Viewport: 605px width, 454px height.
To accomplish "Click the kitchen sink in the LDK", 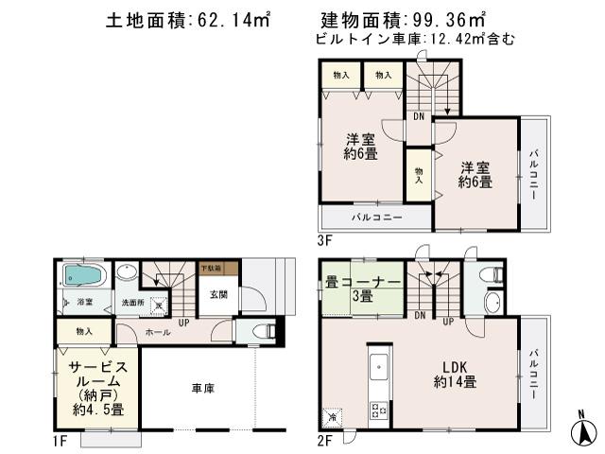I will coord(377,367).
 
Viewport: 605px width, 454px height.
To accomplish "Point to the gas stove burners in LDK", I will coord(380,410).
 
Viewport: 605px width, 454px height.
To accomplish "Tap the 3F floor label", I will coord(324,240).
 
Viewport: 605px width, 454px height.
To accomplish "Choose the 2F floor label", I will coord(325,439).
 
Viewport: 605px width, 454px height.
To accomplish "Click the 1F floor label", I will coord(59,439).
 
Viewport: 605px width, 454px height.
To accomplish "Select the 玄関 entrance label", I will coord(218,295).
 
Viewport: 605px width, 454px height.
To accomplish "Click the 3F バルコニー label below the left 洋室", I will coord(377,218).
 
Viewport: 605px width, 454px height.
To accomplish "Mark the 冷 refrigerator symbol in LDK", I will coord(332,414).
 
